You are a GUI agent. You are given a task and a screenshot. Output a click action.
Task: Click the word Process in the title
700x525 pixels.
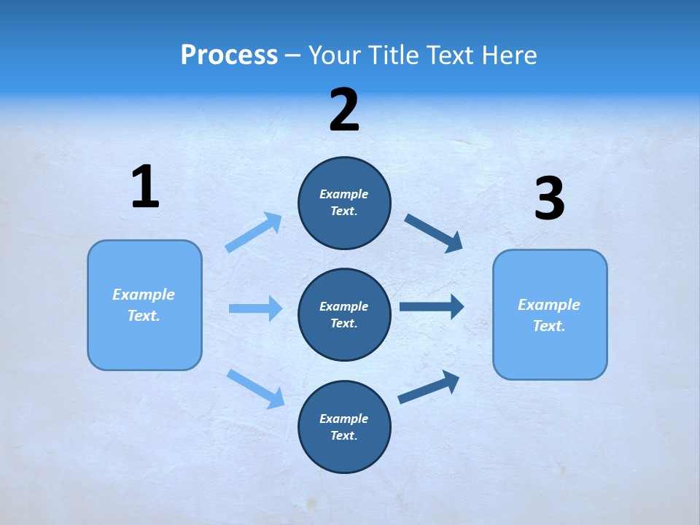click(x=229, y=55)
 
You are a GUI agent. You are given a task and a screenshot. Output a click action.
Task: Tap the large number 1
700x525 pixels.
click(x=145, y=187)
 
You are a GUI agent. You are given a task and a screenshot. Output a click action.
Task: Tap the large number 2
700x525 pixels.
click(x=344, y=110)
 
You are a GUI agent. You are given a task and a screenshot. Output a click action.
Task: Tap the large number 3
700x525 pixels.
click(x=549, y=199)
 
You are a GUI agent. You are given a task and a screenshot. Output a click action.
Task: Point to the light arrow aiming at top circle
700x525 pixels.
click(x=254, y=232)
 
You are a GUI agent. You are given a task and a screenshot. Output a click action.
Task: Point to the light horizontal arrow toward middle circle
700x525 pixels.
click(x=255, y=308)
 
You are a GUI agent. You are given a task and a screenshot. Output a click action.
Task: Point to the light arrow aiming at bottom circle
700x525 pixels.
click(x=256, y=389)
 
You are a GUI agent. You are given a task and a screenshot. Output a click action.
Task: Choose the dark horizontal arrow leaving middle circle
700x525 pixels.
click(x=432, y=306)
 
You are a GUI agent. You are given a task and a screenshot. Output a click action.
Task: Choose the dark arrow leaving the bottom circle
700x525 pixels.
click(x=429, y=387)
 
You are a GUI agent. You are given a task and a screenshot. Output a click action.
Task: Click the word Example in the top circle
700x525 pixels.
click(x=343, y=194)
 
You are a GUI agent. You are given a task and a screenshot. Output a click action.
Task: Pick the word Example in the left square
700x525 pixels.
click(x=144, y=295)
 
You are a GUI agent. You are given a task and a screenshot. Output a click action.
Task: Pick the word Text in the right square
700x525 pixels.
click(x=548, y=326)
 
